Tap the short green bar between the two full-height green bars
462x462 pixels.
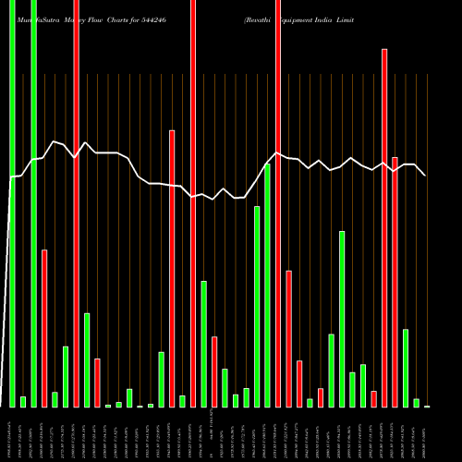click(x=23, y=401)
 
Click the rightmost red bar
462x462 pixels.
click(x=395, y=282)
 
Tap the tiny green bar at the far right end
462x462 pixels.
click(x=427, y=406)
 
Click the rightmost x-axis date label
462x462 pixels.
click(x=427, y=434)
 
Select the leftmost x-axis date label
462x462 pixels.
click(x=12, y=434)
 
